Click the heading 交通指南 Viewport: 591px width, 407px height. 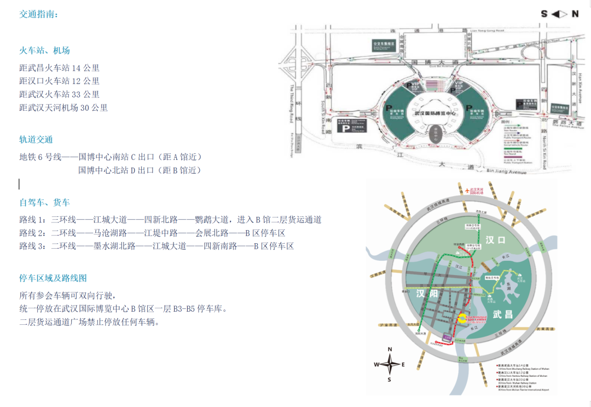[x=38, y=15]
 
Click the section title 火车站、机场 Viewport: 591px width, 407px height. [x=44, y=50]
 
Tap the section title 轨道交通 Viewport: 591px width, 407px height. [x=36, y=140]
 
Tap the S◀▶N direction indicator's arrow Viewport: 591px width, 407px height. [x=559, y=14]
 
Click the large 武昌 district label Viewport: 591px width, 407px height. [x=502, y=314]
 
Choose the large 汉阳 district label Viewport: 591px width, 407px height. [x=427, y=294]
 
